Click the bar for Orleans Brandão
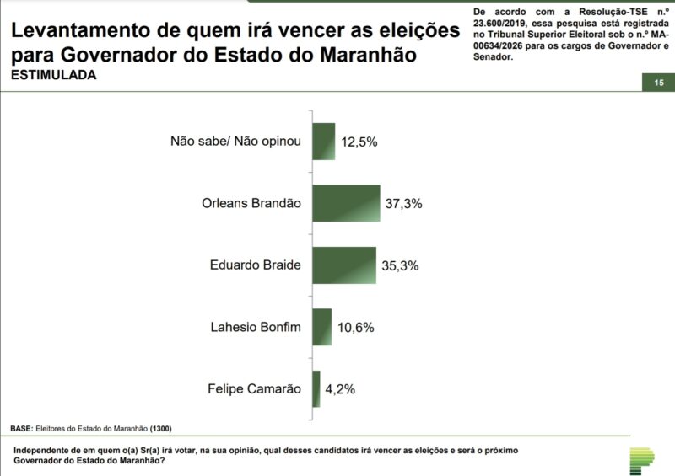[346, 203]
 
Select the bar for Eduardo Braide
[344, 265]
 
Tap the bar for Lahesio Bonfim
[321, 327]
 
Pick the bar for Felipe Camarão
[316, 389]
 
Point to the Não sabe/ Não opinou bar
[324, 141]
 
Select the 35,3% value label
[400, 265]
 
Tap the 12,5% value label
[359, 142]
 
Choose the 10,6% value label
[356, 328]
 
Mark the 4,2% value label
[340, 390]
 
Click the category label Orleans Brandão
[251, 203]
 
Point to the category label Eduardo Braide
[255, 265]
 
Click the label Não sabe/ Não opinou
[235, 141]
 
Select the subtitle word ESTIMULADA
[53, 75]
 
